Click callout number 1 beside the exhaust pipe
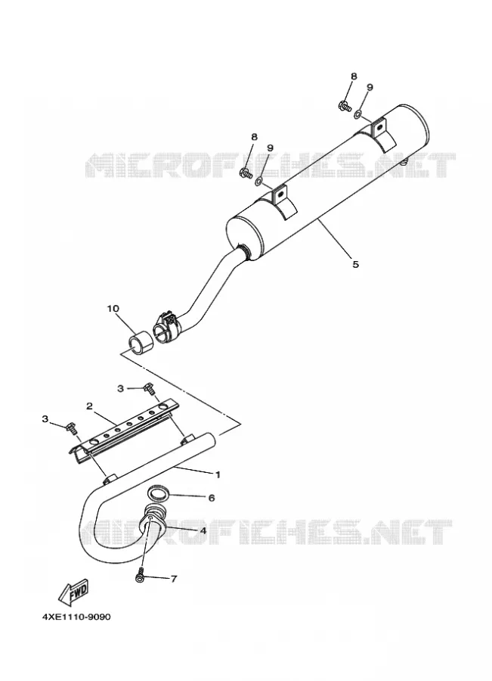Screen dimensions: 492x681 [218, 474]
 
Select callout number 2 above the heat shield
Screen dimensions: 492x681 [89, 406]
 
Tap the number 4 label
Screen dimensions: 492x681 [203, 530]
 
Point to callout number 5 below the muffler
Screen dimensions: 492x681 [355, 264]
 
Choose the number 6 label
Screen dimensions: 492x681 [212, 498]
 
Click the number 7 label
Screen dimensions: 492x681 [174, 579]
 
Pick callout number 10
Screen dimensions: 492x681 [113, 309]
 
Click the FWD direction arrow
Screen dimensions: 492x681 [74, 592]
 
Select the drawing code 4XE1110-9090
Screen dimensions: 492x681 [76, 617]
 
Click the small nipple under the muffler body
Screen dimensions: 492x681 [405, 162]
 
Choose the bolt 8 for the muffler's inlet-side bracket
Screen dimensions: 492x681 [246, 173]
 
